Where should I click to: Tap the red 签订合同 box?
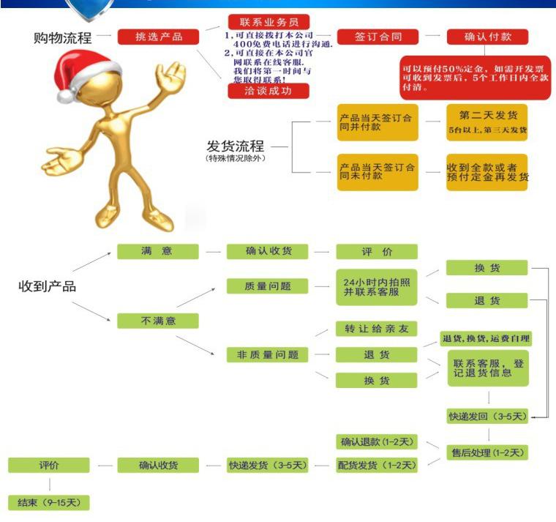[377, 37]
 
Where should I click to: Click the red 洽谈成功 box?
[268, 91]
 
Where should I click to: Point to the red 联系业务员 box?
[268, 22]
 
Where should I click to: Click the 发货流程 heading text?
[235, 146]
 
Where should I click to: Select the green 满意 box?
[157, 251]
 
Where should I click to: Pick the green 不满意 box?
[157, 321]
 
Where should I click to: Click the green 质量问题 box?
[267, 286]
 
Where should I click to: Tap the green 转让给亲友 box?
[376, 328]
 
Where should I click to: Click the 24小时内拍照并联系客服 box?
[376, 286]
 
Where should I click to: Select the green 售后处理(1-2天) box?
[487, 452]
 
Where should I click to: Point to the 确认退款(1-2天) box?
[377, 441]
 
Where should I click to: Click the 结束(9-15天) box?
[48, 503]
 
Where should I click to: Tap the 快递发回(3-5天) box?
[487, 416]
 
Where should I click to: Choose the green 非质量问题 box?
[267, 354]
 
